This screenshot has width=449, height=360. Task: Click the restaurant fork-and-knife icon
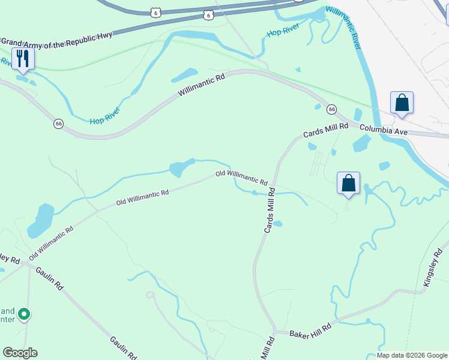23,59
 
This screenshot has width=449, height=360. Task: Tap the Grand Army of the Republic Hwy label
56,42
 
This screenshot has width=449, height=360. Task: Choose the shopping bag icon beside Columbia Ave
402,103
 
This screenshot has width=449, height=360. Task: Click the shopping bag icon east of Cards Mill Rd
348,182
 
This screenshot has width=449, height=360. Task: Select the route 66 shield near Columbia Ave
331,109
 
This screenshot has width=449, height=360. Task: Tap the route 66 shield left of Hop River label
58,124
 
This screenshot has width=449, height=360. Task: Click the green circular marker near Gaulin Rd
24,314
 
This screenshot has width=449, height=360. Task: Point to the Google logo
20,353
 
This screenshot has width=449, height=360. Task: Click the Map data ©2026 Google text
411,355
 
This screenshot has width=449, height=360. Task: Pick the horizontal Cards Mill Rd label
325,130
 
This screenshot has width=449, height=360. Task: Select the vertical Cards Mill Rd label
270,210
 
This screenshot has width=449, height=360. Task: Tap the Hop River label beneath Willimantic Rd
106,116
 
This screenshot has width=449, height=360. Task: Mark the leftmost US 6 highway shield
156,12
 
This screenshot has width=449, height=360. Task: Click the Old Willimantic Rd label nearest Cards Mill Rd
241,177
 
